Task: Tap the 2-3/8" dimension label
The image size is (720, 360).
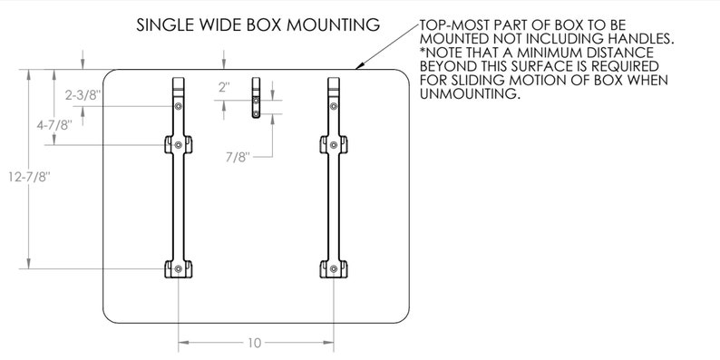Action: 82,93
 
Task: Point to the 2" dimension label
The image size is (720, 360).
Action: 224,87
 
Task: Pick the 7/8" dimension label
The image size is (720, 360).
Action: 237,157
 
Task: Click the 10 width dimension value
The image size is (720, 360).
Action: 255,343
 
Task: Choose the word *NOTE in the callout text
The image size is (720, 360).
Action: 442,54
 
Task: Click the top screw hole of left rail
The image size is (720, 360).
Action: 179,105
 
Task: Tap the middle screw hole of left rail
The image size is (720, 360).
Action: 179,144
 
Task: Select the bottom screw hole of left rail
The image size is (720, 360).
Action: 179,269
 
